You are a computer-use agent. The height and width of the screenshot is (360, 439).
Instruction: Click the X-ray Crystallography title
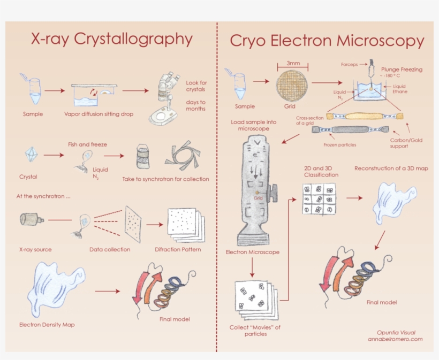(x=112, y=39)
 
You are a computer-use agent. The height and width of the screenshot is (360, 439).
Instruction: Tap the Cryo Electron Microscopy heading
(x=327, y=41)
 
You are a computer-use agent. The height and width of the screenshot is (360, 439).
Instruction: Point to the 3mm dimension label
(x=293, y=63)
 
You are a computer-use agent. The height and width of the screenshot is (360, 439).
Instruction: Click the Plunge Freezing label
(x=402, y=70)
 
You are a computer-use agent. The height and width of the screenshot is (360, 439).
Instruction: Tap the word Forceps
(x=349, y=64)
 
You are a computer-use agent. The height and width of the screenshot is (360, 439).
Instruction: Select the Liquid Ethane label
(x=400, y=89)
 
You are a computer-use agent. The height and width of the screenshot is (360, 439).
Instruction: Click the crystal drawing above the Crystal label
(x=31, y=154)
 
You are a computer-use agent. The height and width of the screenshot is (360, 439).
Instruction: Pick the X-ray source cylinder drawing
(x=32, y=219)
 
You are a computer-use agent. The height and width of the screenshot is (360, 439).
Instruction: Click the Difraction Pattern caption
(x=178, y=249)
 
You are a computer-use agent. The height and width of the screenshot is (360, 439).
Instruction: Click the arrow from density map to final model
(x=107, y=291)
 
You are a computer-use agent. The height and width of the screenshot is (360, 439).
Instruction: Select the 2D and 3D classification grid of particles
(x=319, y=199)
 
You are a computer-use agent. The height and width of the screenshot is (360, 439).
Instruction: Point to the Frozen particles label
(x=339, y=145)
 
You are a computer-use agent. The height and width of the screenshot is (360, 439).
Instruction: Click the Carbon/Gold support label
(x=406, y=143)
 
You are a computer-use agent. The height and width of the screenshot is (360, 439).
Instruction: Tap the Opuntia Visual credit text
(x=396, y=333)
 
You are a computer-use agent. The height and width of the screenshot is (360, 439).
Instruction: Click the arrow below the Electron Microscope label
(x=252, y=267)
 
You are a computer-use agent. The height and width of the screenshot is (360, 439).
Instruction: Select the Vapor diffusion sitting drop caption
(x=99, y=114)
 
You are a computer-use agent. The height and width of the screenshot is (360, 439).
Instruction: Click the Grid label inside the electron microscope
(x=258, y=198)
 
